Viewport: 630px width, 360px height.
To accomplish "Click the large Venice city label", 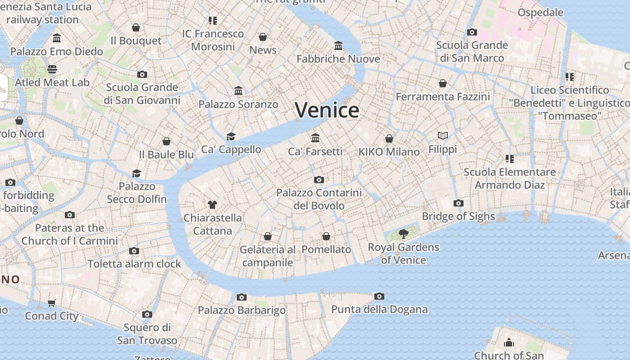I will (327, 110).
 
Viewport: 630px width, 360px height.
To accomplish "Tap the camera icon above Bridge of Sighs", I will (458, 203).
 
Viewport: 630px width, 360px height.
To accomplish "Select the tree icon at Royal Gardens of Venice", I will (404, 234).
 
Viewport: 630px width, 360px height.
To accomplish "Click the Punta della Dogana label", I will (379, 309).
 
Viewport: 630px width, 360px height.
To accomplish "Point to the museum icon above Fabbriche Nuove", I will (338, 45).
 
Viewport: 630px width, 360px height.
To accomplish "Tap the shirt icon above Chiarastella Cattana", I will (212, 205).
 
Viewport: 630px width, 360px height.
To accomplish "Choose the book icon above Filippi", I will (443, 135).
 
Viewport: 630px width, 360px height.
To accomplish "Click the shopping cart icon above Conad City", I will (52, 303).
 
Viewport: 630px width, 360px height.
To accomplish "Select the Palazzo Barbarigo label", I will (242, 310).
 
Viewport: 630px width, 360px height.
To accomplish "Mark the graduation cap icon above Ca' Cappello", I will (231, 136).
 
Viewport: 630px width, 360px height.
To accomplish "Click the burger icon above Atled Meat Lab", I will (52, 69).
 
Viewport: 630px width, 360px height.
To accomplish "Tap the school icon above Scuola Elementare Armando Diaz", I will (509, 158).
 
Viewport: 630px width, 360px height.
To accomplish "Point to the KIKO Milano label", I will (389, 152).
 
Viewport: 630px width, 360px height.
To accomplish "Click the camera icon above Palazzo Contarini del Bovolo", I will (319, 180).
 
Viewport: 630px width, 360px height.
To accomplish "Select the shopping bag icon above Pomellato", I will (326, 236).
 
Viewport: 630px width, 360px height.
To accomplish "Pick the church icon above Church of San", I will (509, 342).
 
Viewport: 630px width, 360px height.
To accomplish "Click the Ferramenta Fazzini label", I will (443, 97).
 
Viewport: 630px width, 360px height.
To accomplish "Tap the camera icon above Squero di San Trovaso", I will (147, 314).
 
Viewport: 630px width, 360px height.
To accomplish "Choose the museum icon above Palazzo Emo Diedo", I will (57, 38).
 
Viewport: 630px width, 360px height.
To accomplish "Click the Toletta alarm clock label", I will (134, 264).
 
